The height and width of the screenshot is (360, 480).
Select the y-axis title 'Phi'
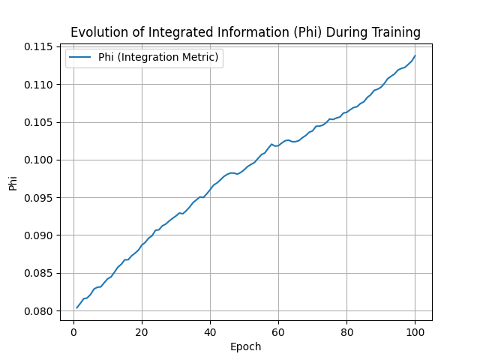pos(13,182)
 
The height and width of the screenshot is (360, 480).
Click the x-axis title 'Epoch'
pos(246,346)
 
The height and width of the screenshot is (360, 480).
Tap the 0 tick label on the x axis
pos(73,331)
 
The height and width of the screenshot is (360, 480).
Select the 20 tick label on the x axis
pos(142,331)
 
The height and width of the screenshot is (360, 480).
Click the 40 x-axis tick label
pos(210,331)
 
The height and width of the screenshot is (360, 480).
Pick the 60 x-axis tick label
pos(278,331)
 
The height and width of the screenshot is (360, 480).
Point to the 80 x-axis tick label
pos(346,331)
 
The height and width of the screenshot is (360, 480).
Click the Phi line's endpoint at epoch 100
pos(415,56)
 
